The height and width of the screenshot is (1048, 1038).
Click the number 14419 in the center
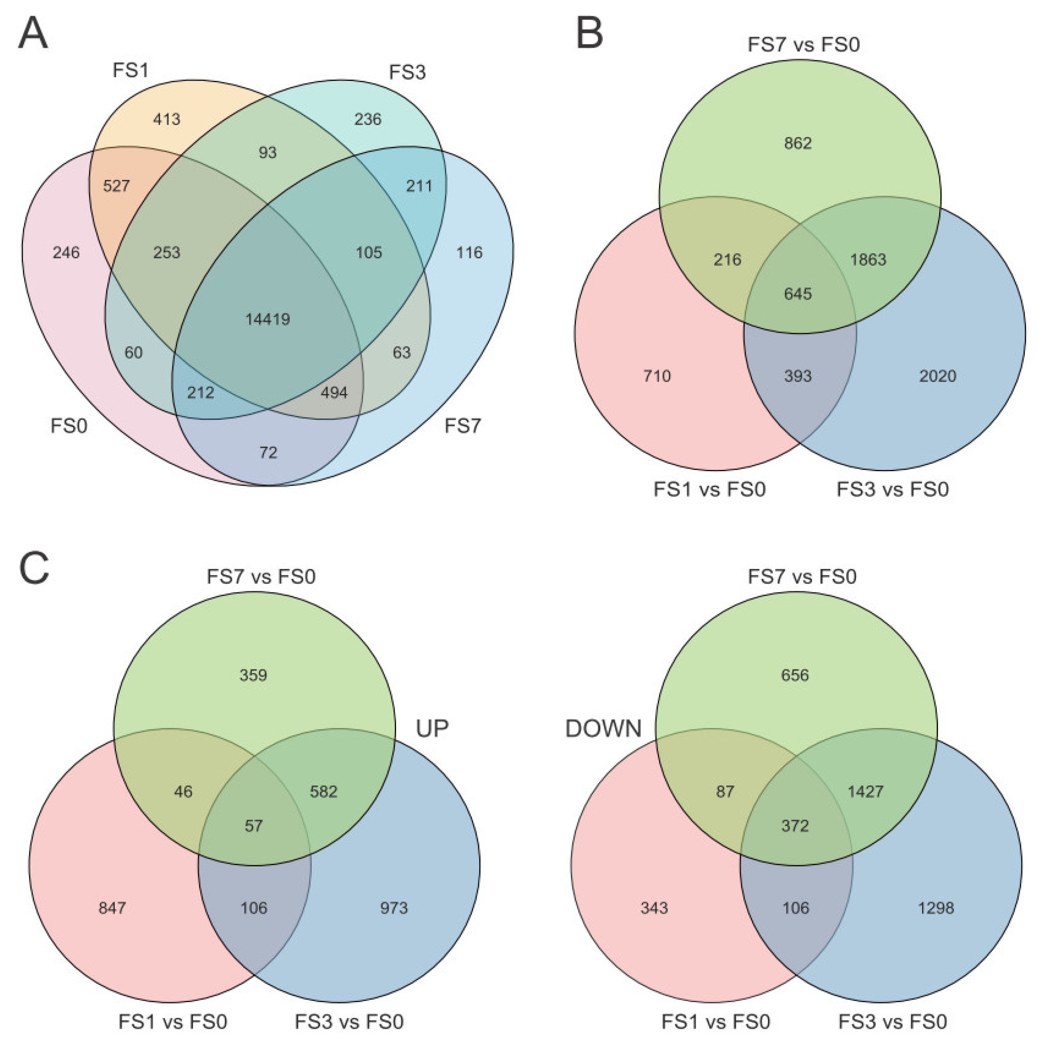pyautogui.click(x=268, y=319)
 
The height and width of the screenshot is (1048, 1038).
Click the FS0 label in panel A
pyautogui.click(x=69, y=426)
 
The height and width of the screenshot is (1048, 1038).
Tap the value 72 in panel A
pyautogui.click(x=268, y=452)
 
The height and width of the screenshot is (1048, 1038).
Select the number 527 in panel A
pyautogui.click(x=116, y=186)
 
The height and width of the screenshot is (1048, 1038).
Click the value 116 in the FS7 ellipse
pyautogui.click(x=469, y=253)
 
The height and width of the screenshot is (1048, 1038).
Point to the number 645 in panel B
pyautogui.click(x=798, y=294)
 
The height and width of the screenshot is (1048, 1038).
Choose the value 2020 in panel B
pyautogui.click(x=938, y=376)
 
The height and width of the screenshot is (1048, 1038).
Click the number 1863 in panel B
pyautogui.click(x=868, y=260)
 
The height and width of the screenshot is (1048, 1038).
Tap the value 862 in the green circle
pyautogui.click(x=798, y=143)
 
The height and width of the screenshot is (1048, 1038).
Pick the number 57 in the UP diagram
pyautogui.click(x=253, y=825)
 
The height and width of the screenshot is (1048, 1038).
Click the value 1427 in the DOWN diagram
pyautogui.click(x=865, y=791)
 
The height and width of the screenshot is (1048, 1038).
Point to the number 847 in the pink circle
pyautogui.click(x=112, y=908)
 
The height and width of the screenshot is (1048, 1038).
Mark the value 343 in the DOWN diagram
pyautogui.click(x=654, y=908)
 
